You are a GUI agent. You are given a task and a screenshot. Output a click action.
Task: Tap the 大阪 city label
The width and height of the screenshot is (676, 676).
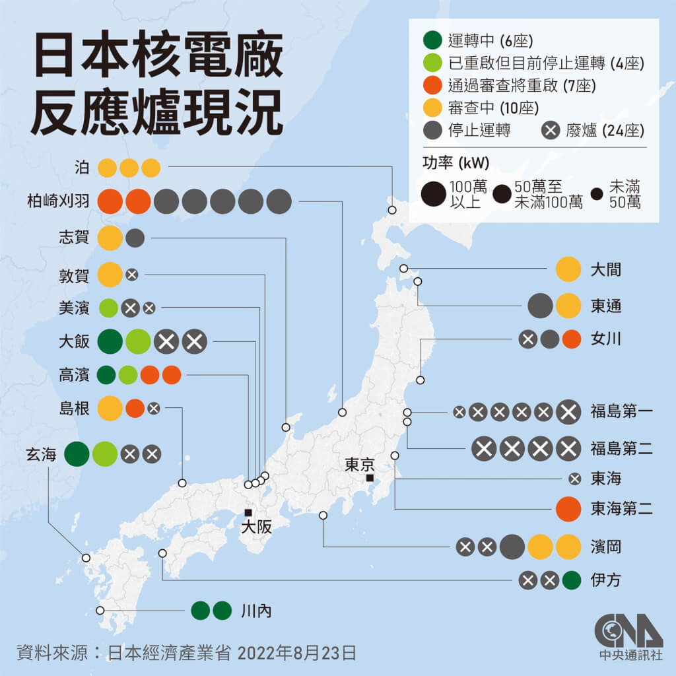click(256, 527)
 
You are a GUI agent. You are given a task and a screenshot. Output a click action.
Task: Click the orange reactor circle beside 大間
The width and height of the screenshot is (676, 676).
click(568, 270)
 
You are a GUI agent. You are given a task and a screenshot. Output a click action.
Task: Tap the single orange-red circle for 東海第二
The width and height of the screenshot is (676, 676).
click(568, 508)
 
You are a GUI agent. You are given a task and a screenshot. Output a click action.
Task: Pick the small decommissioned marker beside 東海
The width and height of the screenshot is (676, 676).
click(574, 479)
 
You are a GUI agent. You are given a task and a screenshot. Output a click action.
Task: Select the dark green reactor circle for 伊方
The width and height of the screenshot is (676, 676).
click(572, 581)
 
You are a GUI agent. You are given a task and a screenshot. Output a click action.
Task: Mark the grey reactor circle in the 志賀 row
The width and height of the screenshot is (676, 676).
click(135, 238)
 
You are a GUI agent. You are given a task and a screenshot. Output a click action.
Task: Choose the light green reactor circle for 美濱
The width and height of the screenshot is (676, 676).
click(108, 307)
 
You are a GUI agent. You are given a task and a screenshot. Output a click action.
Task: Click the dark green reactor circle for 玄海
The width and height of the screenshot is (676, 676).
click(77, 454)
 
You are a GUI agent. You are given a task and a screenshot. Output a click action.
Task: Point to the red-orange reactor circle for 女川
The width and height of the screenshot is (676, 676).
click(572, 339)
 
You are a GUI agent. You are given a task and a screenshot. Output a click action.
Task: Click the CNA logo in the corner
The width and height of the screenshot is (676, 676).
click(628, 636)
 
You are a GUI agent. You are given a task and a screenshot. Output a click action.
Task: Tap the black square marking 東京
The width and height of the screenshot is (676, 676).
click(370, 478)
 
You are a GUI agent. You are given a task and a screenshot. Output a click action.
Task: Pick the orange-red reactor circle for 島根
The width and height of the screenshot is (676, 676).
click(135, 408)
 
